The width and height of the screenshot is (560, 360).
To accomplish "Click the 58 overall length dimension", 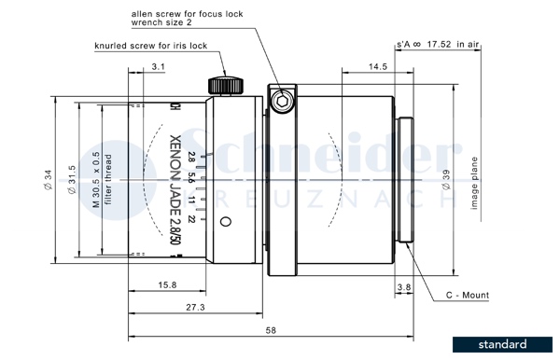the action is tap(271, 330).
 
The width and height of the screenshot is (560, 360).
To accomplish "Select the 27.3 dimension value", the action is tap(195, 307).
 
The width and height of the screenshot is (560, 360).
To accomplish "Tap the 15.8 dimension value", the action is tap(167, 285).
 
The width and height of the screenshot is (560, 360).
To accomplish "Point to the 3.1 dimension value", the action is tap(158, 67).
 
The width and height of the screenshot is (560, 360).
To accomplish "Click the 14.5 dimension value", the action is tap(378, 67).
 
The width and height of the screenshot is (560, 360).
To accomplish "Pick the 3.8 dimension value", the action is tap(404, 287).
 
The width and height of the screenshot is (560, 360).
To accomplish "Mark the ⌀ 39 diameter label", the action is tap(446, 180).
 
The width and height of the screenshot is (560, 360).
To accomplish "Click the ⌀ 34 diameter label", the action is tap(48, 180).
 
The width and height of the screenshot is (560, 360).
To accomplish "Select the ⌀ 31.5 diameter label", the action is tap(72, 180).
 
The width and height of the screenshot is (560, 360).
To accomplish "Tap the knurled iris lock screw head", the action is tap(226, 86).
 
